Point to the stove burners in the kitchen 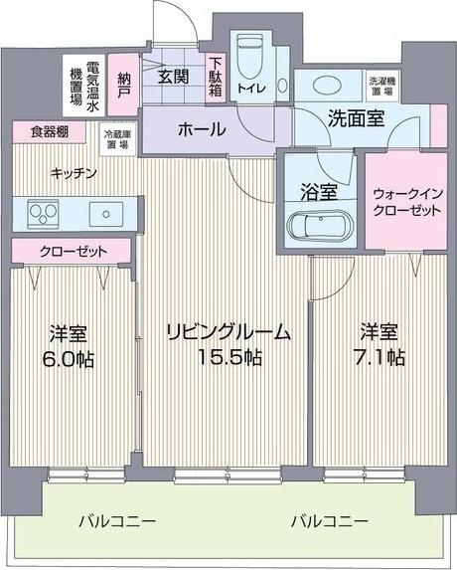click(44, 212)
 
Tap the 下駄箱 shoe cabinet click(215, 76)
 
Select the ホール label click(201, 130)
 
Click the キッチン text click(75, 172)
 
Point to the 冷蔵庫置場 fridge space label click(117, 139)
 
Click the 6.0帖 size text click(71, 359)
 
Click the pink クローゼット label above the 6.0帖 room click(73, 250)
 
